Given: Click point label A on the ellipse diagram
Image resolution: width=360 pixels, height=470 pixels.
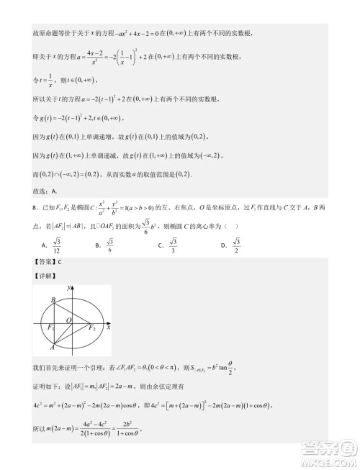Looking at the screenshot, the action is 53,345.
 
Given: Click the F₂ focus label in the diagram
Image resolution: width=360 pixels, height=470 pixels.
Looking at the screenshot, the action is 93,327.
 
